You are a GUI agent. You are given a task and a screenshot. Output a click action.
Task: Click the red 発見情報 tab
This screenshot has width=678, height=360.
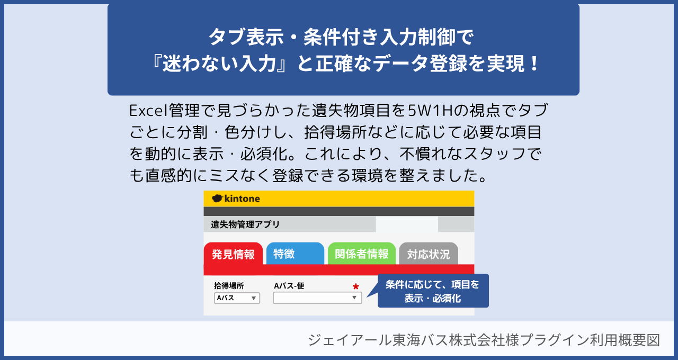coord(233,254)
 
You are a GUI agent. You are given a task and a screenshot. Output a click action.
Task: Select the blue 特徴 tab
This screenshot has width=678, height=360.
coord(295,254)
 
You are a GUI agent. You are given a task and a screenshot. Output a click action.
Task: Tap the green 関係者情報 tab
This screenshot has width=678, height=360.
coord(361,254)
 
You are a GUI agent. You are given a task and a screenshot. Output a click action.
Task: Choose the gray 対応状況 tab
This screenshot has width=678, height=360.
coord(429,254)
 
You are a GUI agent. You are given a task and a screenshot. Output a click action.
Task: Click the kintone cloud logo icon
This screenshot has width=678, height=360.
coord(217,199)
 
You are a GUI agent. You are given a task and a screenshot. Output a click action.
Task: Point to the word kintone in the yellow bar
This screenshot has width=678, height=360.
coord(242,199)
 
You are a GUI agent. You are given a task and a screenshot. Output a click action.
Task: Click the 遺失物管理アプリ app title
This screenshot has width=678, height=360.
coord(245,224)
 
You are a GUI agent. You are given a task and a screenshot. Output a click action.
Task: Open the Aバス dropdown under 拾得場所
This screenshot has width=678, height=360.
coord(237,298)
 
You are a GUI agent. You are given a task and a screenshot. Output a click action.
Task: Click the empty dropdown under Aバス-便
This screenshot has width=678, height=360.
coord(317,298)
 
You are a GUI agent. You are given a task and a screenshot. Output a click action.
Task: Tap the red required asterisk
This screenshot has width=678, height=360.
coord(355,286)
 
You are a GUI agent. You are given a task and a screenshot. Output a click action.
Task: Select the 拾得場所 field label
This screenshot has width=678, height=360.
coord(229,285)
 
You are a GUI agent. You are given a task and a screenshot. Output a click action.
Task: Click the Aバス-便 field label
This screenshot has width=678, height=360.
coord(289,285)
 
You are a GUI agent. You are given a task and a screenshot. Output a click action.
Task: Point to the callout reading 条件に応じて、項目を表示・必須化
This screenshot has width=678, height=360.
coord(433,291)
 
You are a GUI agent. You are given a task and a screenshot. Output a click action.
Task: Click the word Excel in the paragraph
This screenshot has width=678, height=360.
coord(148,111)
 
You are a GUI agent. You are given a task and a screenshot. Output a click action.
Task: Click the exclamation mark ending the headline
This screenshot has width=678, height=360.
coord(535,64)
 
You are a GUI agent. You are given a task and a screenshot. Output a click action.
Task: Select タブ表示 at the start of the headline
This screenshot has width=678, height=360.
coord(246,37)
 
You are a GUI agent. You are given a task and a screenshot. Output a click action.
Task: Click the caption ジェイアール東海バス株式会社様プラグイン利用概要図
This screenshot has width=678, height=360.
coord(484,340)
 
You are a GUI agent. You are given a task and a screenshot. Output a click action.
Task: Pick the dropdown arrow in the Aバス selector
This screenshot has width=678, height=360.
coord(254,298)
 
